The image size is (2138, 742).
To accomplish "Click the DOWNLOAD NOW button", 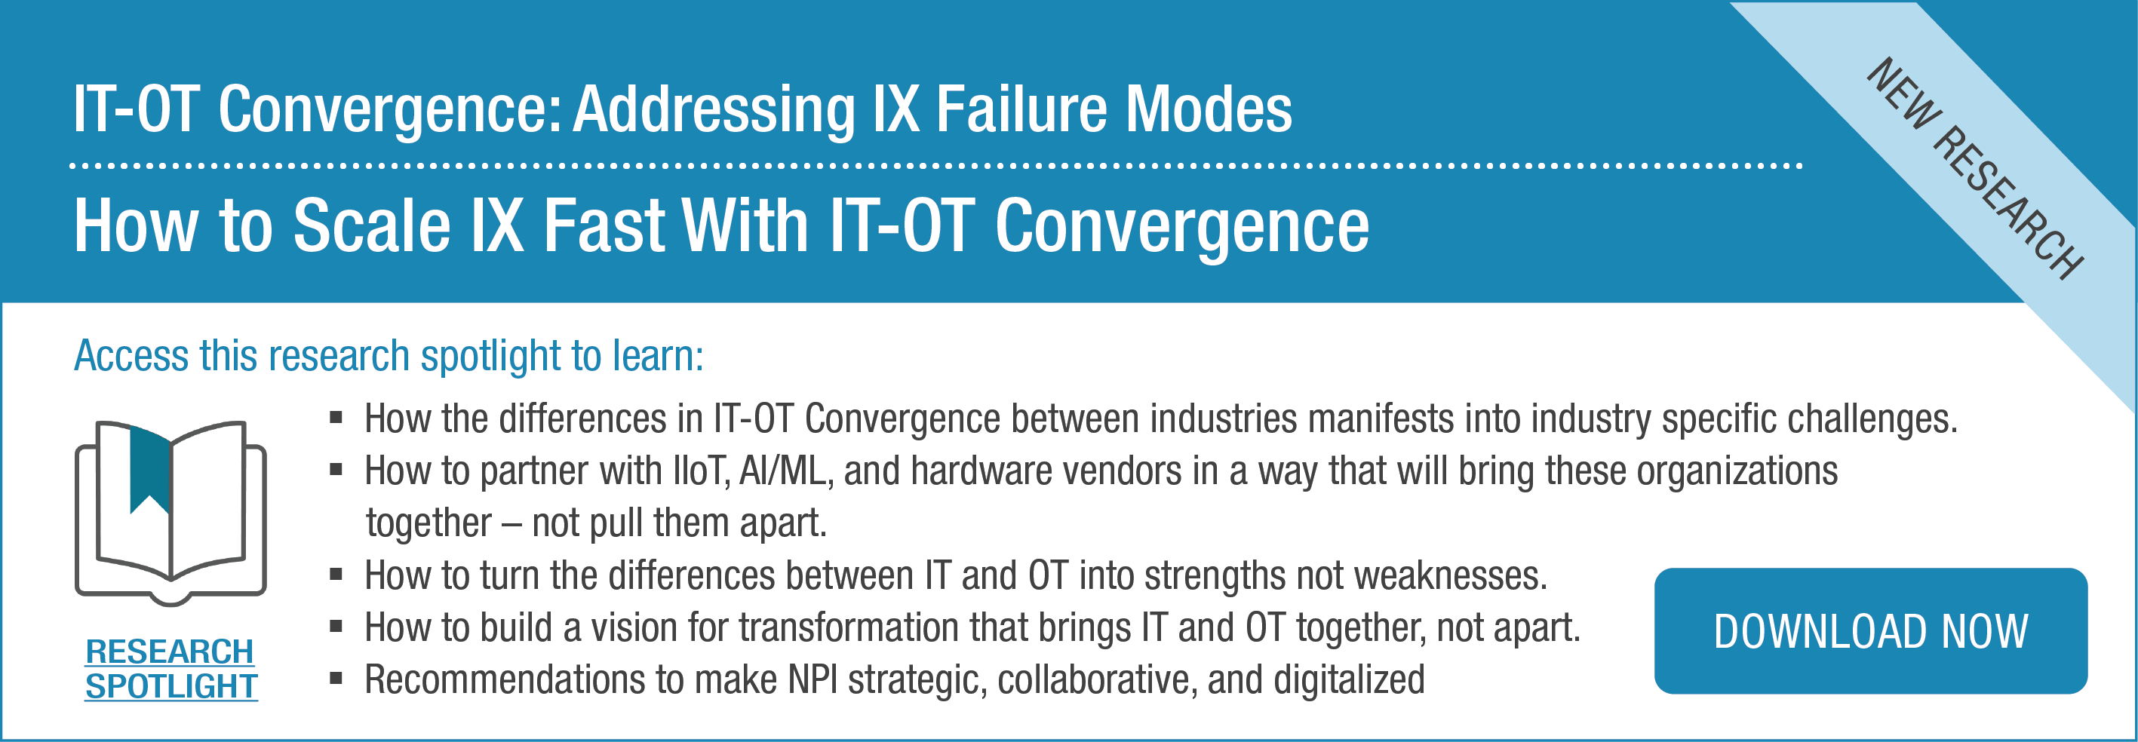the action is coord(1871,631).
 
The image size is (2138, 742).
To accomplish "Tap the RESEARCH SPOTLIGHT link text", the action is coord(171,669).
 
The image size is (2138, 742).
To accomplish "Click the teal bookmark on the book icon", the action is coord(150,470).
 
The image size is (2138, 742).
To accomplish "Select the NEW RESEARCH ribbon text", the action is coord(1974,168).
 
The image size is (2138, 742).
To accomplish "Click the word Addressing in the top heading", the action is coord(714,109).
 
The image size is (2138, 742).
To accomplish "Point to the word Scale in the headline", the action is coord(372,225).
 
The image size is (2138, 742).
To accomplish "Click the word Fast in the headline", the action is coord(604,225).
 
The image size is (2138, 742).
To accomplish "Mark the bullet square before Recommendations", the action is coord(336,679).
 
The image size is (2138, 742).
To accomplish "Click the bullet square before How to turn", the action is coord(336,575).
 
